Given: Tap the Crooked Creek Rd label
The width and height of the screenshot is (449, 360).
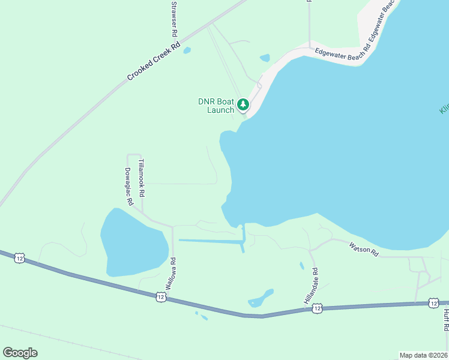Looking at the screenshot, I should point(154,61).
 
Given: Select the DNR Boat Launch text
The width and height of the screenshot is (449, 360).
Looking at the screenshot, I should point(216,106).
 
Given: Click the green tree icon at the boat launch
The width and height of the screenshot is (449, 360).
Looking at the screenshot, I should point(243,105).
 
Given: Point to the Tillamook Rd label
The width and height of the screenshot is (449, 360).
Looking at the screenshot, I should point(142,178).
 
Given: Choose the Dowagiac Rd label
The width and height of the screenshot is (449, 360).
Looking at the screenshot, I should point(128,187).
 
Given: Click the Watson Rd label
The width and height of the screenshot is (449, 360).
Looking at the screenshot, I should point(364,249).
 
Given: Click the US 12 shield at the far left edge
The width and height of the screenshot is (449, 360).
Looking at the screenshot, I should point(20,257).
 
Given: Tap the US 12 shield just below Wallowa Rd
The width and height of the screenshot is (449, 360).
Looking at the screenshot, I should point(160,296).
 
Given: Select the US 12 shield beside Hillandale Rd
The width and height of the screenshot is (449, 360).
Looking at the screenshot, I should point(318,308).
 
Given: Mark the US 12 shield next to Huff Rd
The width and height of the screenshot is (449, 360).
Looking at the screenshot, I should point(433,303).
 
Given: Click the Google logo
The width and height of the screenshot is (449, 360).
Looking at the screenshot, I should point(20,353).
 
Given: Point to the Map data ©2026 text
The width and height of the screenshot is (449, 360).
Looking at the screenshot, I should point(423,355).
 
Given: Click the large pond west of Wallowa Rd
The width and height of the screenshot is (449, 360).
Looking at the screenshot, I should point(133,243).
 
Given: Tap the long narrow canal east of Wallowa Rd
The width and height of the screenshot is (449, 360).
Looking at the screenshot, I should point(210,241).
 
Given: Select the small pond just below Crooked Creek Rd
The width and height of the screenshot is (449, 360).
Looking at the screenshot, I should point(187,50).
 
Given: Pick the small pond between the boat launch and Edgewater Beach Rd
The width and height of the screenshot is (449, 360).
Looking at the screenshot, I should point(265,58).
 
